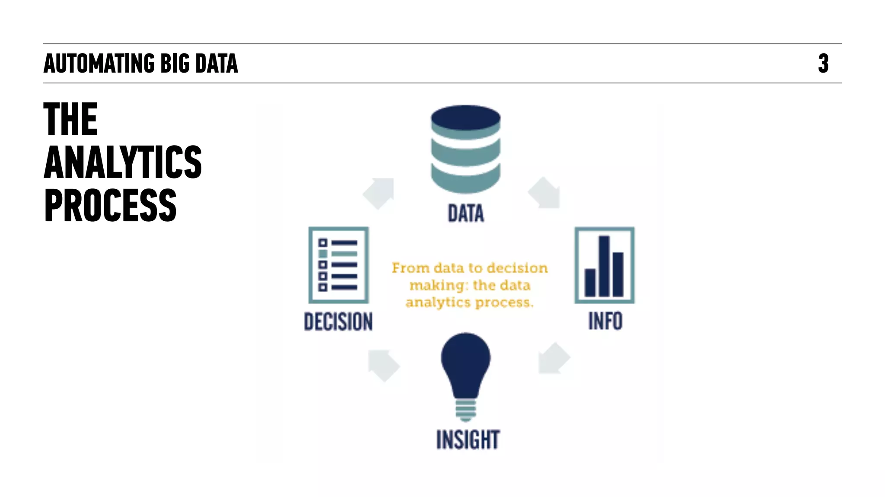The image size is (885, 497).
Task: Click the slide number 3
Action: coord(823,64)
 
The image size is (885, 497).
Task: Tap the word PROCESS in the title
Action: coord(110,206)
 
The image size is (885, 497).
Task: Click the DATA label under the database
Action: coord(466,213)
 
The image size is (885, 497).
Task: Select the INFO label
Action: coord(605,321)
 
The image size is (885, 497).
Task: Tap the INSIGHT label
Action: coord(468,440)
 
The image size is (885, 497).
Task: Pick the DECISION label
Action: coord(338,322)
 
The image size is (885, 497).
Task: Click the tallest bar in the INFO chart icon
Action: coord(604,266)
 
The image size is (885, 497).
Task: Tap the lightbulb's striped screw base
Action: coord(465,410)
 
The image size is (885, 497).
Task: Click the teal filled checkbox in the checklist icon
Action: coord(323,254)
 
